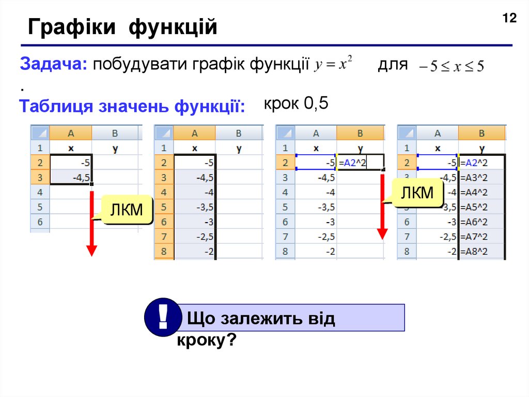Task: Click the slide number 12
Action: (x=509, y=19)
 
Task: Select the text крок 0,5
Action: (x=296, y=104)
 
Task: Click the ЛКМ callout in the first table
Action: (x=127, y=210)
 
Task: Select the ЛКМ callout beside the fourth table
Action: (x=417, y=194)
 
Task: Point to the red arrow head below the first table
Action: (x=91, y=251)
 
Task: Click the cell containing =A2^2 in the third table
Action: (x=360, y=163)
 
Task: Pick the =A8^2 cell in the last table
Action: (x=481, y=252)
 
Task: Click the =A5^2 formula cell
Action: (x=481, y=207)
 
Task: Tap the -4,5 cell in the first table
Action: (x=71, y=177)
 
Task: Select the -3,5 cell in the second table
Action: (x=195, y=207)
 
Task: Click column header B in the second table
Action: (x=239, y=133)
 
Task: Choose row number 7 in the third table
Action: (x=285, y=237)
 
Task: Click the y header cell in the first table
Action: (x=115, y=148)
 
